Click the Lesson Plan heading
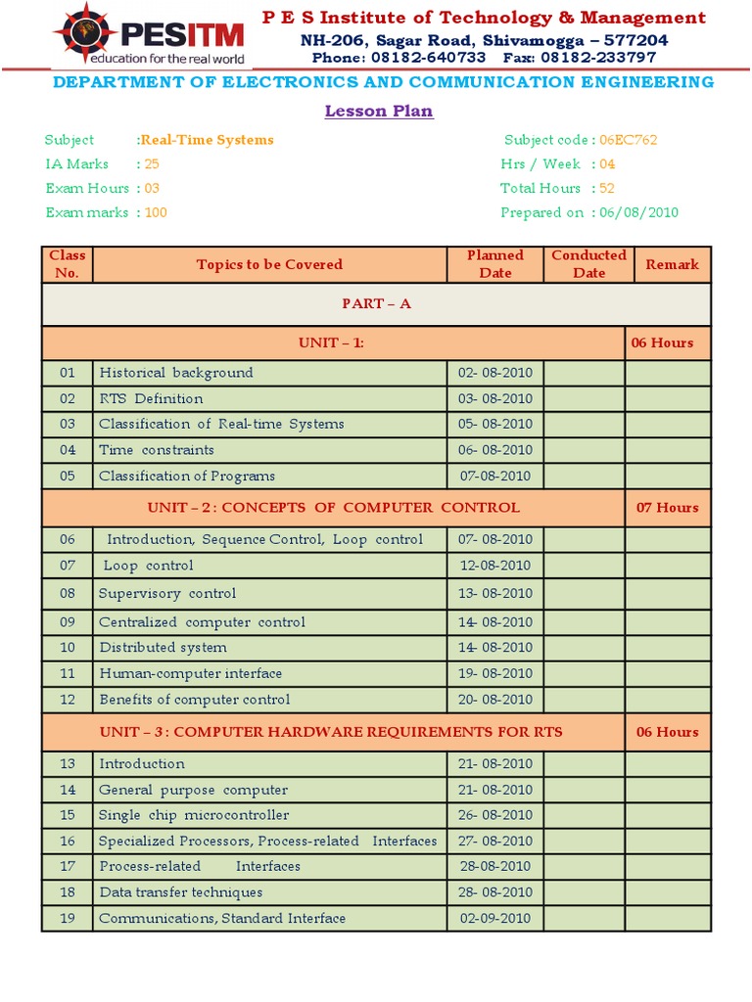(379, 111)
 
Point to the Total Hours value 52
(606, 188)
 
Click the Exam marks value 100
(156, 212)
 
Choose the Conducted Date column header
(588, 264)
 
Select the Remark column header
(672, 264)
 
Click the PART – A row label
(376, 303)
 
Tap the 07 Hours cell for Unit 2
(667, 507)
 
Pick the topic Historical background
(176, 373)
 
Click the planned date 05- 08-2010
(495, 424)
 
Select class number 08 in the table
(67, 593)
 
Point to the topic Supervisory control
(167, 593)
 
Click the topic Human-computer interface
(191, 673)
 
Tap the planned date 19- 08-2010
(495, 673)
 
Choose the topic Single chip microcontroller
(194, 815)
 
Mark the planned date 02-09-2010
(495, 918)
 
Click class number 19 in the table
(67, 918)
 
